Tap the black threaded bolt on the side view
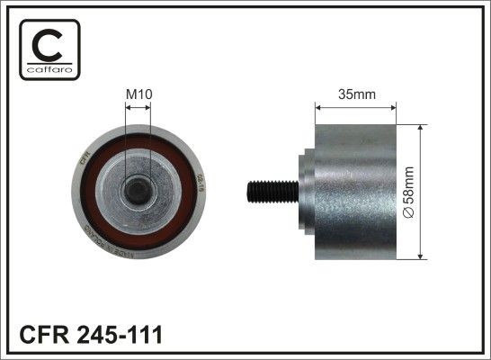(271, 191)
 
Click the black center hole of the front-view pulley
(138, 189)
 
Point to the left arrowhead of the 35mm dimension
(317, 107)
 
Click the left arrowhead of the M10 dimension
(127, 107)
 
